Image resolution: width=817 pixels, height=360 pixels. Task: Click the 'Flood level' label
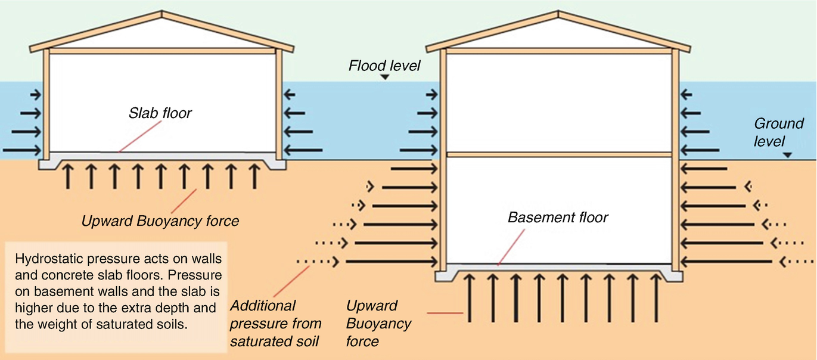pyautogui.click(x=384, y=65)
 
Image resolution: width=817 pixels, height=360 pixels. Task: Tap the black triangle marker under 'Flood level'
pyautogui.click(x=386, y=77)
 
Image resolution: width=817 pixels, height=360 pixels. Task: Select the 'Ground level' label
pyautogui.click(x=779, y=132)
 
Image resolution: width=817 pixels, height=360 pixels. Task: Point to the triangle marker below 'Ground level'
pyautogui.click(x=788, y=155)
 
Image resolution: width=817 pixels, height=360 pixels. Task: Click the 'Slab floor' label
pyautogui.click(x=160, y=113)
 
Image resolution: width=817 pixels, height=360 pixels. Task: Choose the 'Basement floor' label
pyautogui.click(x=558, y=217)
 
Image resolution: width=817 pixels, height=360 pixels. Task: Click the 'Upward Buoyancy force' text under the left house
pyautogui.click(x=160, y=221)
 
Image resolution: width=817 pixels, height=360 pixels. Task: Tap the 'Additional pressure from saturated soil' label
pyautogui.click(x=275, y=324)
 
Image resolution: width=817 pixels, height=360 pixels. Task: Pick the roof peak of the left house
pyautogui.click(x=162, y=12)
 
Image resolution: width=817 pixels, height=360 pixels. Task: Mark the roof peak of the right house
pyautogui.click(x=558, y=12)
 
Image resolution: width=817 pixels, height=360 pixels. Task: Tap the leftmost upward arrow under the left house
pyautogui.click(x=68, y=176)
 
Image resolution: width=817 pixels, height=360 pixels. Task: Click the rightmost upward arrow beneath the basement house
pyautogui.click(x=656, y=297)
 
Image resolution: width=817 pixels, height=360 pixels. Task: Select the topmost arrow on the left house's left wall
pyautogui.click(x=35, y=94)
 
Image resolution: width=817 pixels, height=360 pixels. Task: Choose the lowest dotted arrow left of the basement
pyautogui.click(x=318, y=261)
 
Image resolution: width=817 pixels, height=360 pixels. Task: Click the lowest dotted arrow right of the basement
pyautogui.click(x=797, y=261)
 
